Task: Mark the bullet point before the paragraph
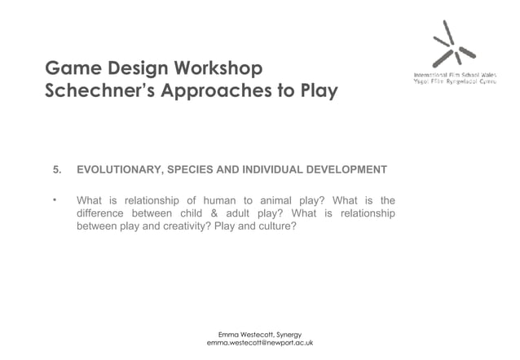tap(55, 200)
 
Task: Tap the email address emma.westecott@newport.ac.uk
tap(260, 344)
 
